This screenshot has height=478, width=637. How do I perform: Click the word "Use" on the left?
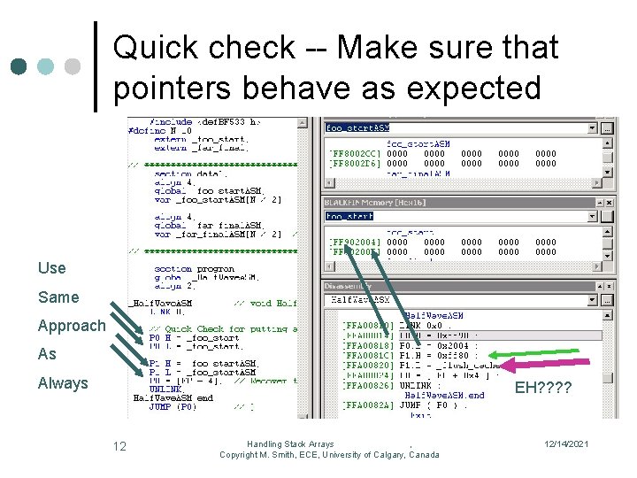(x=51, y=267)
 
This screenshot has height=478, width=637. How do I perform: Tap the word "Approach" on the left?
(x=71, y=325)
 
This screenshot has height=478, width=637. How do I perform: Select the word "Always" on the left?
(x=63, y=382)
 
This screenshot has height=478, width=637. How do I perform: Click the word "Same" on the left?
(x=58, y=297)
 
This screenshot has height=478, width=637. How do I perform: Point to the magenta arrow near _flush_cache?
(x=531, y=364)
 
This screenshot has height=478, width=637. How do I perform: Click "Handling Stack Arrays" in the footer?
(x=290, y=443)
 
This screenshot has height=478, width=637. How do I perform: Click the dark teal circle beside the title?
(x=19, y=66)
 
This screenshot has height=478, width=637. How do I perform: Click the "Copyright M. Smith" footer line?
(x=329, y=455)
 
